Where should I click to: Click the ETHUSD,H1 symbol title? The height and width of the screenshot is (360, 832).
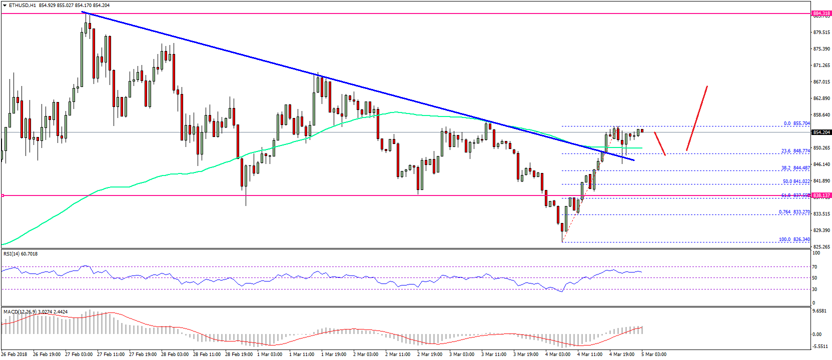23,5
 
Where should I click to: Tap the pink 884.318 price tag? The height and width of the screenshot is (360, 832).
821,13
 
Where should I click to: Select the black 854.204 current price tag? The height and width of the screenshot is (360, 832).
821,132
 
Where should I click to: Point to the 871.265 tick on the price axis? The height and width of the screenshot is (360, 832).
822,65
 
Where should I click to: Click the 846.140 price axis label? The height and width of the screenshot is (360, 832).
822,164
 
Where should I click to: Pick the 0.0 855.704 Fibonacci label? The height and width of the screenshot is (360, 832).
796,123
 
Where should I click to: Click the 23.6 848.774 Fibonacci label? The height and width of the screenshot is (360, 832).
795,151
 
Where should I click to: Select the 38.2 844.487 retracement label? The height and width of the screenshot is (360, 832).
795,168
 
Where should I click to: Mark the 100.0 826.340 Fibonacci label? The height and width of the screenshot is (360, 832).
794,239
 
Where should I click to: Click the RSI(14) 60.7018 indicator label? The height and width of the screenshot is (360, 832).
21,254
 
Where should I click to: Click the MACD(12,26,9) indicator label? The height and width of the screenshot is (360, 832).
20,312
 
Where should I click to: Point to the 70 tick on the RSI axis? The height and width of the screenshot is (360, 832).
814,267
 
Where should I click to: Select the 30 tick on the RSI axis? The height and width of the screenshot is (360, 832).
814,289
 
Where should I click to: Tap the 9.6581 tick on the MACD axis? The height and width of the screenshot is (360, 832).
819,311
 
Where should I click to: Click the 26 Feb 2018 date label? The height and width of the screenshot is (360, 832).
14,354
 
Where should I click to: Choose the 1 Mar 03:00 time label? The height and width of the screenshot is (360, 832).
270,354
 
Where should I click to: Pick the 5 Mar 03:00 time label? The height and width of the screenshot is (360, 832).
653,354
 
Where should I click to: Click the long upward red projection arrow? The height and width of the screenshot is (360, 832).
697,118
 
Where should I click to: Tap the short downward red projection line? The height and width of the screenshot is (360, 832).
660,143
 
